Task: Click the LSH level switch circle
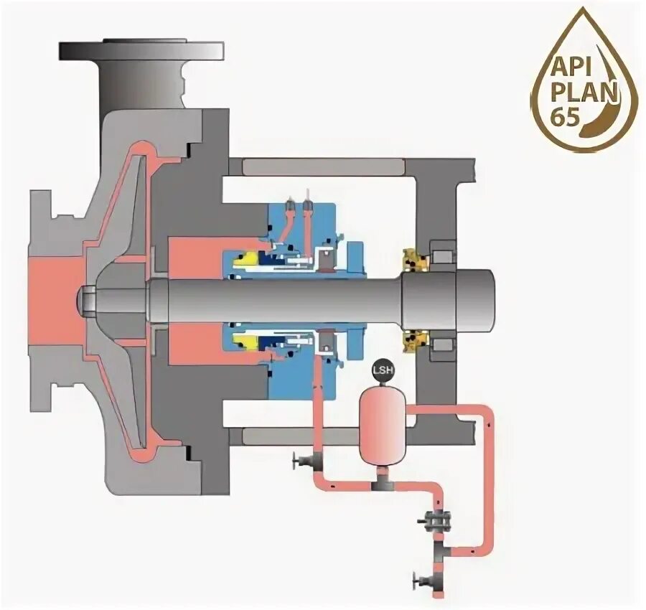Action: coord(382,371)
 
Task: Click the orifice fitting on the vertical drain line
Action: coord(434,520)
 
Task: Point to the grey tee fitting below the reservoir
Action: coord(382,482)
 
